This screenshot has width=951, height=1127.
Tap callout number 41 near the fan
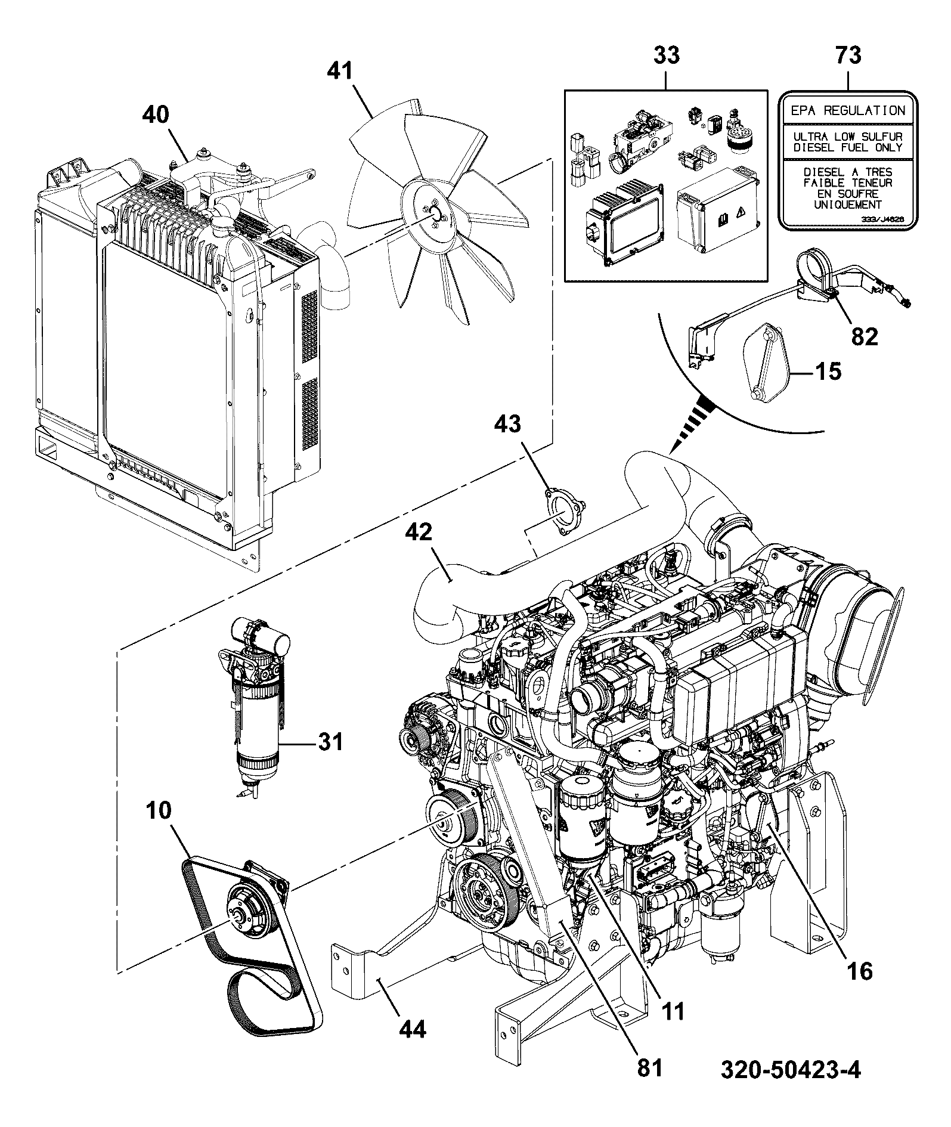click(340, 73)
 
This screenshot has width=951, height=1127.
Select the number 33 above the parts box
click(667, 55)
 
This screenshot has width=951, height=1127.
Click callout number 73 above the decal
click(848, 55)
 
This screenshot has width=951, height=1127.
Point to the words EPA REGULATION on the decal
click(848, 110)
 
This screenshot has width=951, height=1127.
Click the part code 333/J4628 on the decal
click(882, 219)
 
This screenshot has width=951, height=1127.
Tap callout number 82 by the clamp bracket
click(865, 337)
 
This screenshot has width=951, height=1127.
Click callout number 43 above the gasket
click(507, 424)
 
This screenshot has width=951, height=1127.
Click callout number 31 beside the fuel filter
click(330, 742)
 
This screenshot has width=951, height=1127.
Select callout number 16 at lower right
click(859, 971)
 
